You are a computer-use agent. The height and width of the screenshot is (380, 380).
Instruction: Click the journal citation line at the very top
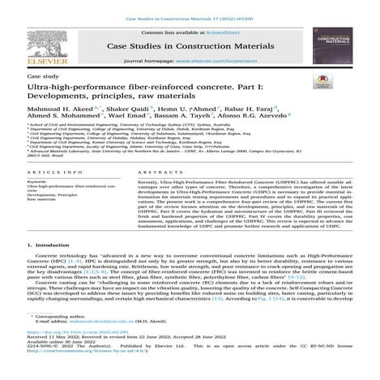190,7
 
